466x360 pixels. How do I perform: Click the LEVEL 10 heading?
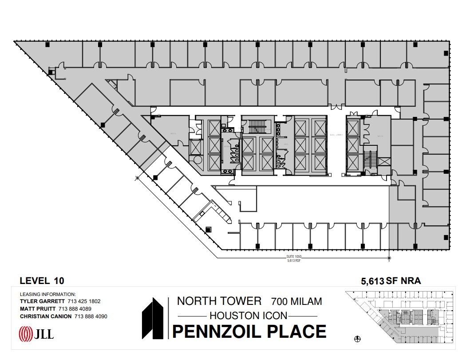(x=42, y=280)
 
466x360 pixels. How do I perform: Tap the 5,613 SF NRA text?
(x=391, y=280)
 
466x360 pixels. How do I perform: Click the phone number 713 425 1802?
(x=84, y=301)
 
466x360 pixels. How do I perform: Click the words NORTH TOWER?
(x=219, y=301)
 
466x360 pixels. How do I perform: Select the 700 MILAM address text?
(x=296, y=301)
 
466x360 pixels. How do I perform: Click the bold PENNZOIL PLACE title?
(x=249, y=332)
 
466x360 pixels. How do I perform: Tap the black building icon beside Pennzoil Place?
(x=154, y=319)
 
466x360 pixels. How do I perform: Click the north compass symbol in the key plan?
(x=358, y=339)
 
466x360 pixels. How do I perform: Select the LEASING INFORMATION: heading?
(x=48, y=294)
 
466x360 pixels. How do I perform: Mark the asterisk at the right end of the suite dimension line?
(x=389, y=258)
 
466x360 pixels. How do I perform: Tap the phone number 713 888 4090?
(x=89, y=316)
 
